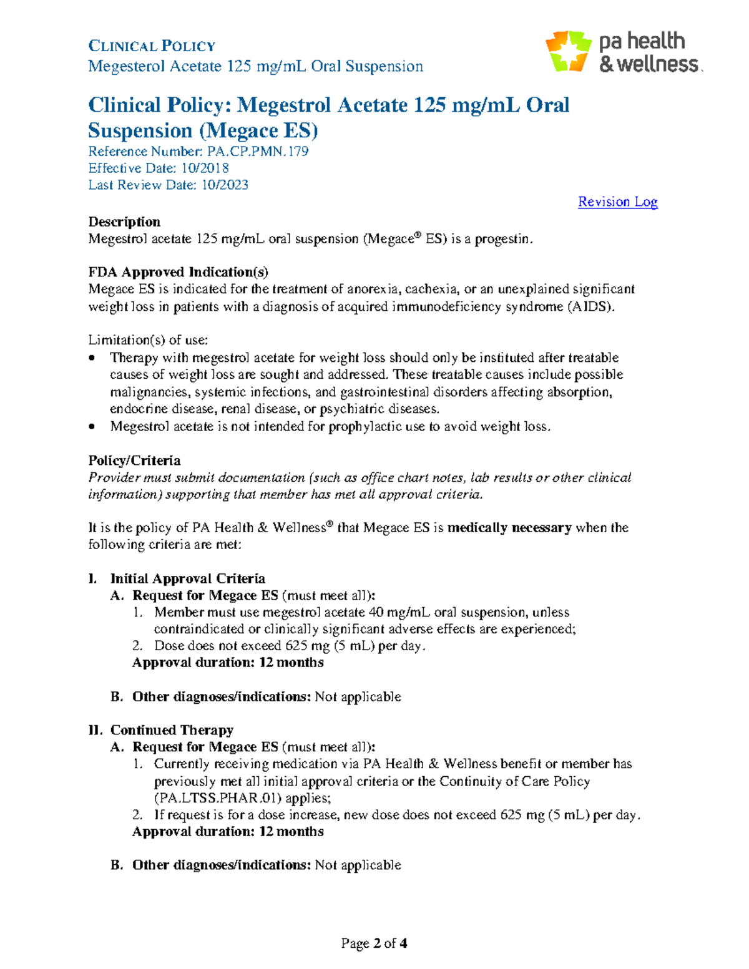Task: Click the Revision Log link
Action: [617, 202]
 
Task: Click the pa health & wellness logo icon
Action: [568, 51]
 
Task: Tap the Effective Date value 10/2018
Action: [205, 168]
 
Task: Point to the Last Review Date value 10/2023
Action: [224, 185]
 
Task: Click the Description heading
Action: [124, 222]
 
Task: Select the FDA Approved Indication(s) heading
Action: [178, 272]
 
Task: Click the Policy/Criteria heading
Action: [134, 460]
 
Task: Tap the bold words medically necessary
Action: [509, 528]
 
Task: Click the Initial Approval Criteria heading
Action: [187, 578]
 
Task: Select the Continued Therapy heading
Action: [172, 730]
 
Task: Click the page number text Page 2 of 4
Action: [374, 943]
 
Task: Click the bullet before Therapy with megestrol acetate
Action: [92, 358]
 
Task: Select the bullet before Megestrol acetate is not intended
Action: [92, 427]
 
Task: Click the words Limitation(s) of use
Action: [148, 340]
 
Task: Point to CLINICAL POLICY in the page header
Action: [152, 46]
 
